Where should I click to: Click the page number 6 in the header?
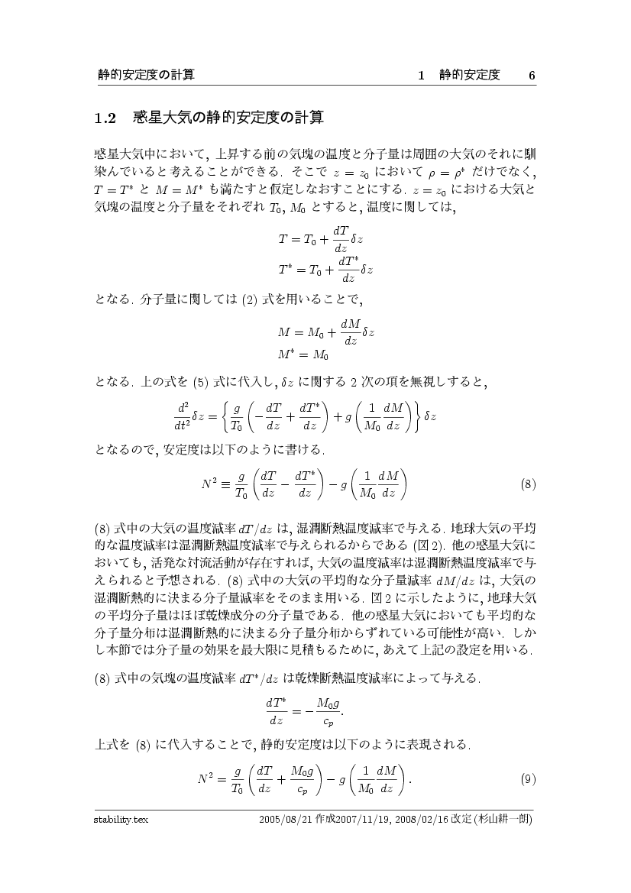pos(532,75)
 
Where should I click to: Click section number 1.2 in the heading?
pos(104,118)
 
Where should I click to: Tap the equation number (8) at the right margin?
pos(526,484)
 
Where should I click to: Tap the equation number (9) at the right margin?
pos(526,779)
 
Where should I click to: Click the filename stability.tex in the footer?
pos(116,820)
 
